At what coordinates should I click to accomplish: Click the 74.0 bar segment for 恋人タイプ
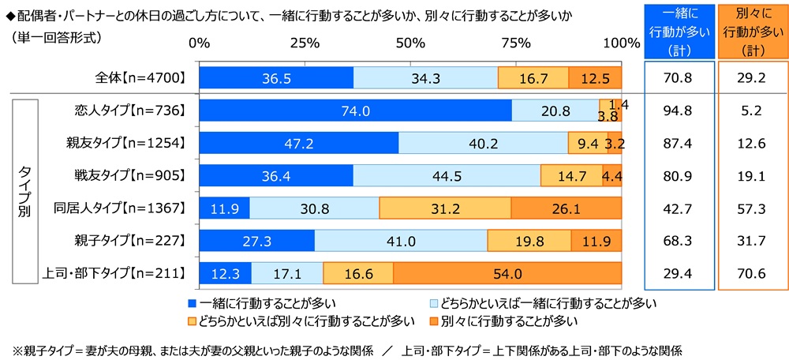355,111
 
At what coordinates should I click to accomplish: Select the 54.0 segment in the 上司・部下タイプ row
507,273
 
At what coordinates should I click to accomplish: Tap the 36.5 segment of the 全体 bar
276,77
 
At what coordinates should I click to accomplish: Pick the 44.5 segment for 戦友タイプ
447,175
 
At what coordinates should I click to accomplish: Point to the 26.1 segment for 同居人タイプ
566,208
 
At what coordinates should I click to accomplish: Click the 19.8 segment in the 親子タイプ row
529,241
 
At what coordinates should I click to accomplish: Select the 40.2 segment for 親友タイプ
483,143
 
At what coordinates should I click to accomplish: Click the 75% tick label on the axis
516,43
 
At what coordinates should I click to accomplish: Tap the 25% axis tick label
305,43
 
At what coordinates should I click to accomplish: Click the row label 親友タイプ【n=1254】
125,143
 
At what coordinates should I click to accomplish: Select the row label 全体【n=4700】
138,77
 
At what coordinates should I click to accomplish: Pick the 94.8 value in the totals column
679,111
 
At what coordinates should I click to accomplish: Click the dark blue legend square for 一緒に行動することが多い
193,302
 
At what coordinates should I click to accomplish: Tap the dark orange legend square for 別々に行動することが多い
431,321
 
